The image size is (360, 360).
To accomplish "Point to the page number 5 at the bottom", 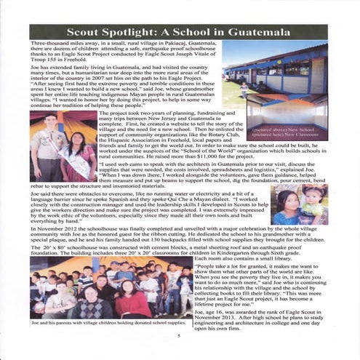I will click(178, 335).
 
